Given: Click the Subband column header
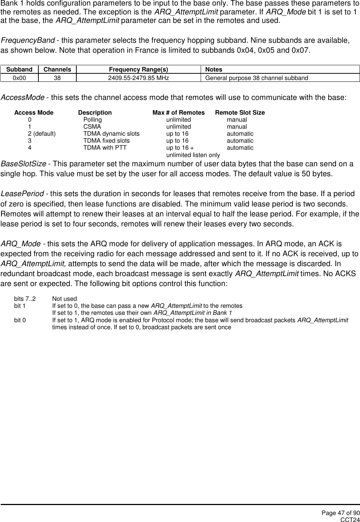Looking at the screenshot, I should (19, 69).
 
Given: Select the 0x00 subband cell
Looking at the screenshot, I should (19, 78).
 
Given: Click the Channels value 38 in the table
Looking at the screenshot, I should (57, 78).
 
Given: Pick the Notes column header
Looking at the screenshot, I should (214, 69).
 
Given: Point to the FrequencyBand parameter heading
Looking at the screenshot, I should (28, 40).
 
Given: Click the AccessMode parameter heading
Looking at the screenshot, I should (22, 98).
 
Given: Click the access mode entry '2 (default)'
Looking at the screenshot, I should (42, 134).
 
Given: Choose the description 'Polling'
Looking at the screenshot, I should (93, 120).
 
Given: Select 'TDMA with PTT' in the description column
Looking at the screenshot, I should (105, 148).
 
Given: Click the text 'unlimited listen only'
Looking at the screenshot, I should (193, 155).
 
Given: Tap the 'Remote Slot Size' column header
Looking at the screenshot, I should (240, 112).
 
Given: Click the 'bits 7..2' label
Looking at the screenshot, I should (25, 299).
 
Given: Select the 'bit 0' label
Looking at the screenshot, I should (20, 320).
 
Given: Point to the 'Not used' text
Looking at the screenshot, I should (65, 299).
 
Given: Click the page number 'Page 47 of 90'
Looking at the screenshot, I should (340, 513).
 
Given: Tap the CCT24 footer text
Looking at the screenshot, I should (350, 519).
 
